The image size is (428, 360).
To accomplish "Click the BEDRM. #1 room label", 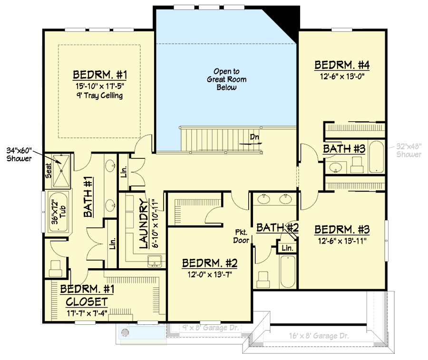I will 100,75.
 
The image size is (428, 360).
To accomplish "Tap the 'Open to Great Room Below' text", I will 226,79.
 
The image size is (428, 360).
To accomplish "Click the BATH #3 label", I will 344,149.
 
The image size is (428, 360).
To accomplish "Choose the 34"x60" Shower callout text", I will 19,154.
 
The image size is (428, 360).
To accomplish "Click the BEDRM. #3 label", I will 342,230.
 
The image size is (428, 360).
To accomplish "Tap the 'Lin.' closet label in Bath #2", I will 288,248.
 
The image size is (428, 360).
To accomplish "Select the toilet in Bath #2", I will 263,278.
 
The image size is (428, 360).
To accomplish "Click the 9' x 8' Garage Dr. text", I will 205,328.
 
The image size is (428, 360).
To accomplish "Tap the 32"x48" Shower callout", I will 409,151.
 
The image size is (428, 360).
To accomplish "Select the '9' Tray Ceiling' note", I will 99,96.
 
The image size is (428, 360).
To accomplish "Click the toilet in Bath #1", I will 55,268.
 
